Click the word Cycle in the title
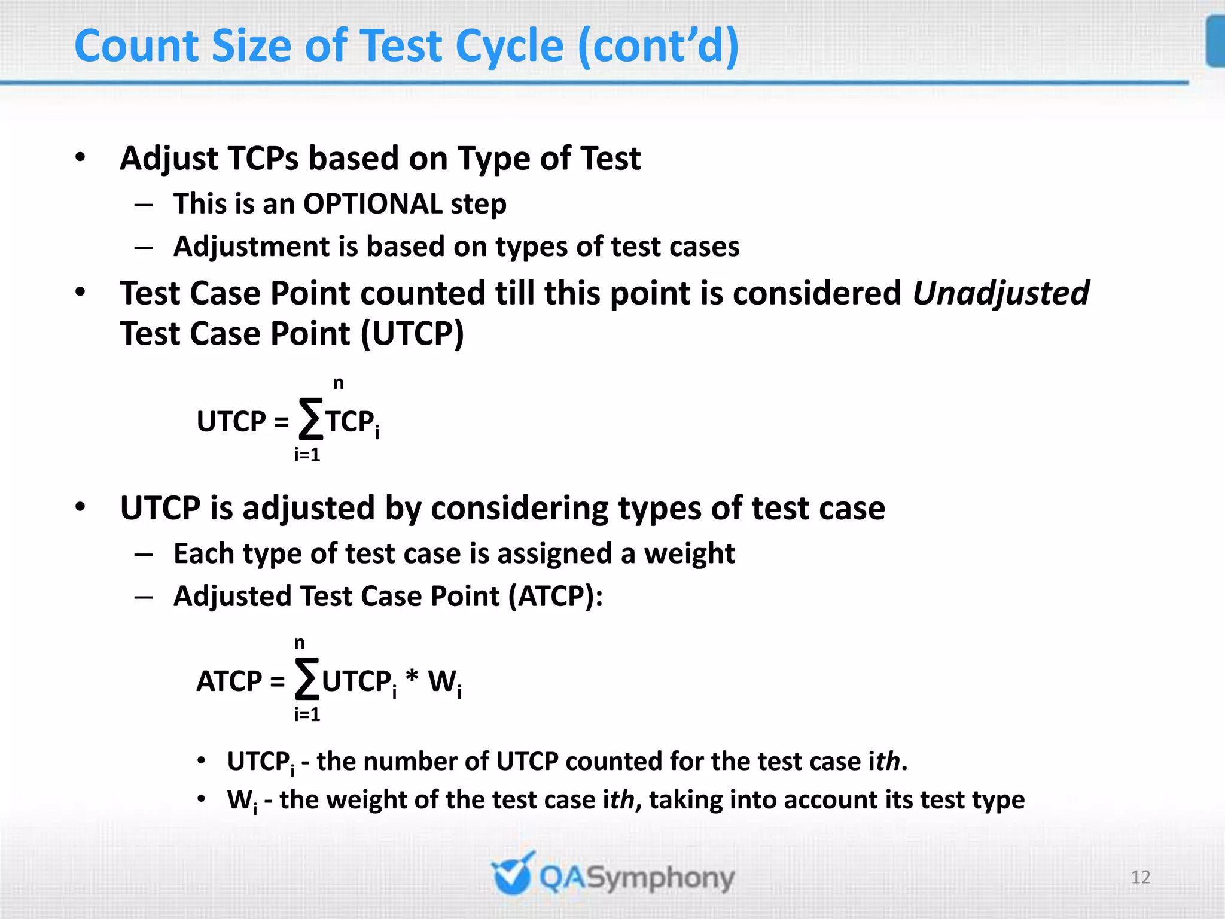(509, 47)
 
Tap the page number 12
(1141, 877)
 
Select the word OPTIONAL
(372, 204)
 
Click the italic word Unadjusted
(1001, 294)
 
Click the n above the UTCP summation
(339, 383)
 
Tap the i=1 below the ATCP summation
(307, 714)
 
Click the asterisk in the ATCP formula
(412, 678)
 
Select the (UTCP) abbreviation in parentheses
(412, 334)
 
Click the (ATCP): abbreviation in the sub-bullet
(556, 597)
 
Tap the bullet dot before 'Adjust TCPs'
(80, 157)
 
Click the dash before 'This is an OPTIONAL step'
(144, 205)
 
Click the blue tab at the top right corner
(1215, 42)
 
